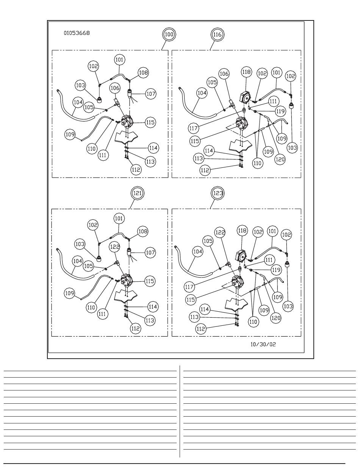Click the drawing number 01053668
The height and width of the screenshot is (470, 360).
coord(77,33)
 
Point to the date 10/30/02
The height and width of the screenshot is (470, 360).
coord(263,345)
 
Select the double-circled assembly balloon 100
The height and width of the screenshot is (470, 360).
coord(169,34)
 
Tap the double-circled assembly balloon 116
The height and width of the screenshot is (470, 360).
coord(217,34)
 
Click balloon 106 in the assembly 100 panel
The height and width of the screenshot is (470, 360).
coord(115,88)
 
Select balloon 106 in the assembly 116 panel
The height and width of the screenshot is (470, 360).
coord(224,74)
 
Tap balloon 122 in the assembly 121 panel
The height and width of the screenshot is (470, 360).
coord(115,247)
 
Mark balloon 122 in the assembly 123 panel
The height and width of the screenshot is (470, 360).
coord(221,232)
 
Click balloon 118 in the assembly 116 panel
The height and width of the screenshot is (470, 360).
coord(246,72)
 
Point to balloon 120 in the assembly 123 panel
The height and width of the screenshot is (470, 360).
coord(275,318)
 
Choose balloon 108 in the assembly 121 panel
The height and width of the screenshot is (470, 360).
coord(143,231)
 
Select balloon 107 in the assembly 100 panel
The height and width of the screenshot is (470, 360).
coord(151,93)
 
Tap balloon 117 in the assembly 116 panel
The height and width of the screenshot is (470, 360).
coord(193,128)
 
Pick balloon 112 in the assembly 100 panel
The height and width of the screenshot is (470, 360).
coord(136,170)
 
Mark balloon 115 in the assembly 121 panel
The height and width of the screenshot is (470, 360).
coord(150,281)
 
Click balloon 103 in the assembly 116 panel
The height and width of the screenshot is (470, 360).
coord(292,147)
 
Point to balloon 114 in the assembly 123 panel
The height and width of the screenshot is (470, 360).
coord(205,309)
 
